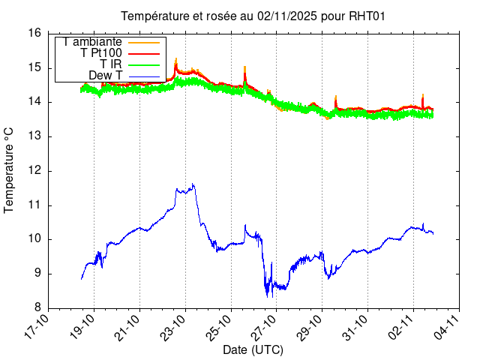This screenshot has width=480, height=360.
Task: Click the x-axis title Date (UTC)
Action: pyautogui.click(x=253, y=350)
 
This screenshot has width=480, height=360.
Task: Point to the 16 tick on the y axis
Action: pyautogui.click(x=34, y=33)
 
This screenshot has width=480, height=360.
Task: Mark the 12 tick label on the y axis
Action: pyautogui.click(x=34, y=170)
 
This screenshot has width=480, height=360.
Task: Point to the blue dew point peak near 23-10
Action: pyautogui.click(x=193, y=184)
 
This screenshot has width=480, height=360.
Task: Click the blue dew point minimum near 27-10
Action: pyautogui.click(x=268, y=295)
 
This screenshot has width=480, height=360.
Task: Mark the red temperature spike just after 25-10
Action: pyautogui.click(x=245, y=67)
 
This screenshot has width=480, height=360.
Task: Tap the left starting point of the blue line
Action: pyautogui.click(x=81, y=279)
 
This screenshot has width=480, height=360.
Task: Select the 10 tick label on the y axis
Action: pyautogui.click(x=34, y=239)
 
